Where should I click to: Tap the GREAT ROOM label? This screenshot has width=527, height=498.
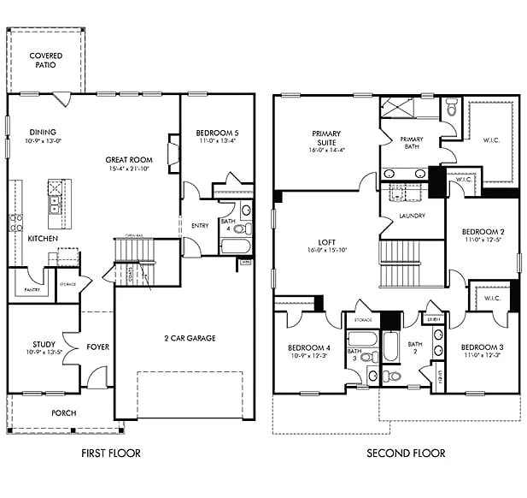coord(129,159)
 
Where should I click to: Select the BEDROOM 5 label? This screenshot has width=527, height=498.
coord(217,133)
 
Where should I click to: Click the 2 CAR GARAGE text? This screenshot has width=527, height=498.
coord(190,338)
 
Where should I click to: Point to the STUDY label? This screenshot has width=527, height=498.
coord(44,345)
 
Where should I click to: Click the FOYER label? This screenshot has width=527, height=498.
coord(98,347)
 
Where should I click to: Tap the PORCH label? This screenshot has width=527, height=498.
coord(63,413)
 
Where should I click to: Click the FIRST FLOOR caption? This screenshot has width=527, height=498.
coord(111,454)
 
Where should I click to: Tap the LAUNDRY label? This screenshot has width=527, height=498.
coord(412,216)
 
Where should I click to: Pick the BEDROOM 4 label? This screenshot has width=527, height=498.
coord(307,347)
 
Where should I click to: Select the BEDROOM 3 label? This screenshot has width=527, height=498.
coord(482,347)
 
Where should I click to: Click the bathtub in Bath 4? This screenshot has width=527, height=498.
coord(234,246)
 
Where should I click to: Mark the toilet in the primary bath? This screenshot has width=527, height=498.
coord(451,110)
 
